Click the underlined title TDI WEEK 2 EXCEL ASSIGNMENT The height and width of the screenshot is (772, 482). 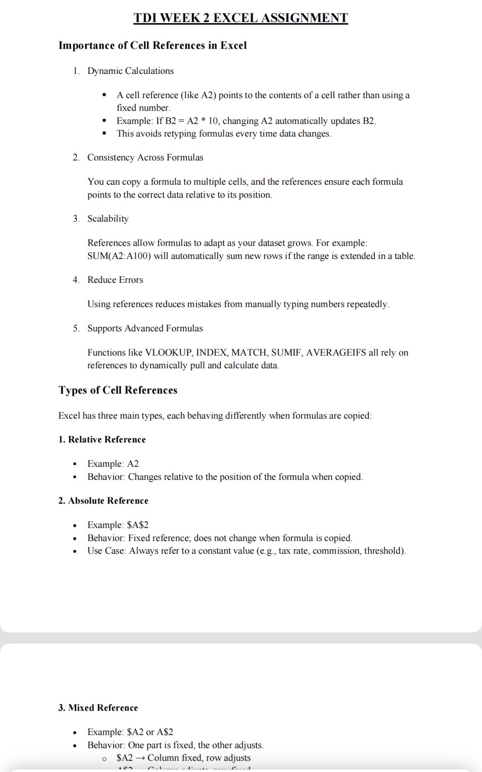(x=240, y=18)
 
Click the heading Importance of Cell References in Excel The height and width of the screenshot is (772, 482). (x=152, y=46)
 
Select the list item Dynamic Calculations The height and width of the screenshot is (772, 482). (x=131, y=71)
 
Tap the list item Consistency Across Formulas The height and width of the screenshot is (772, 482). (x=145, y=158)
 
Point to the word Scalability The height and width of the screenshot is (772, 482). (x=108, y=219)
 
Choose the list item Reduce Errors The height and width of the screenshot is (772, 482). (x=115, y=280)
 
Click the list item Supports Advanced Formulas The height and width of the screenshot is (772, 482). (x=145, y=328)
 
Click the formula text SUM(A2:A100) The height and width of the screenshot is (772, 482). (x=119, y=256)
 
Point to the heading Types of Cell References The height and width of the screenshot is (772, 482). (x=118, y=390)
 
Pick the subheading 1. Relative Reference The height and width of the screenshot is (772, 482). (x=102, y=440)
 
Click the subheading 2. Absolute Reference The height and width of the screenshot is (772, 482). (x=103, y=501)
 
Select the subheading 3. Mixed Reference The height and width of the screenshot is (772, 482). (x=98, y=708)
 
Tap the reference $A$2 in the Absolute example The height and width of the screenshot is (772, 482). (x=138, y=525)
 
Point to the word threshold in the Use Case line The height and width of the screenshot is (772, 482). (x=384, y=551)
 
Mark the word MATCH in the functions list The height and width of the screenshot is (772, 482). (x=249, y=352)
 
